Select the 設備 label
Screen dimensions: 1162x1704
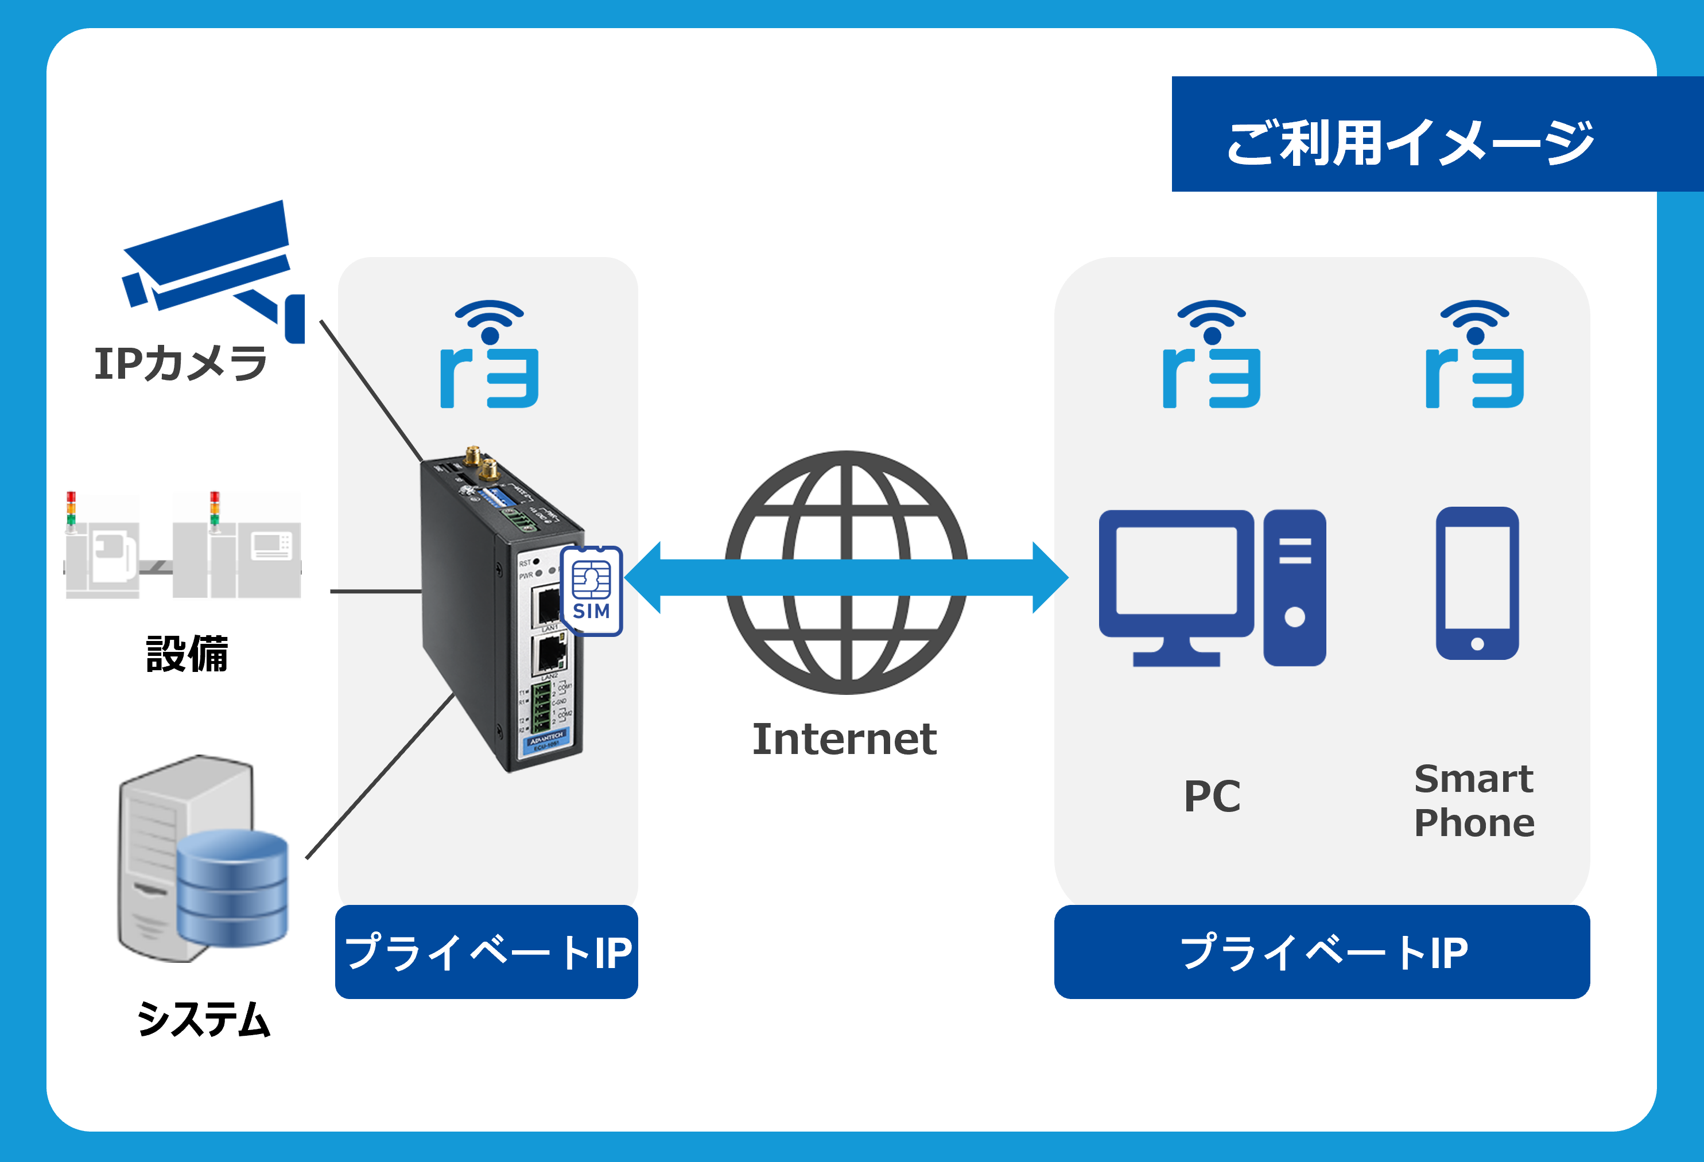click(x=187, y=654)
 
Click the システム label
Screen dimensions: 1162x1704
click(x=203, y=1019)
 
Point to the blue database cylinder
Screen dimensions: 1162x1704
click(x=232, y=888)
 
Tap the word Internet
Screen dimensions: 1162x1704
click(x=845, y=739)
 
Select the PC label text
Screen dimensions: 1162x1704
click(x=1212, y=796)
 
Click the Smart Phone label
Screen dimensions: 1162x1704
click(x=1474, y=800)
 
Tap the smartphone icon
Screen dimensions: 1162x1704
click(x=1477, y=584)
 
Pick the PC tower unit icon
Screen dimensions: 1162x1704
click(x=1295, y=588)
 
